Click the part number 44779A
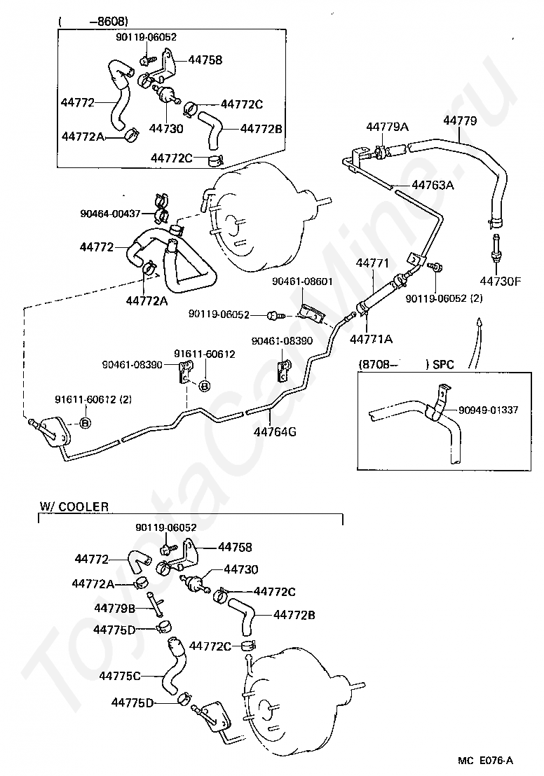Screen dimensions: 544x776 [x=388, y=127]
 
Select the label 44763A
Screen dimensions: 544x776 [x=433, y=185]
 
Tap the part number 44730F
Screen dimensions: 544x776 [x=501, y=282]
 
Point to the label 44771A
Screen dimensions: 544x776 [x=371, y=339]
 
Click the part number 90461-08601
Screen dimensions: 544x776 [x=302, y=281]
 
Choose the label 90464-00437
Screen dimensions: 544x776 [x=110, y=214]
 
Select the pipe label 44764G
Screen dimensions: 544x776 [x=275, y=431]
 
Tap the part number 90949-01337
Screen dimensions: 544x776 [x=488, y=410]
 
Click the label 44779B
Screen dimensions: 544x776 [x=115, y=608]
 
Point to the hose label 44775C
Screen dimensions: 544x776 [x=120, y=676]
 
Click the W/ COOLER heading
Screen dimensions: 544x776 [x=74, y=506]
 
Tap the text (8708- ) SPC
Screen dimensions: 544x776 [x=406, y=364]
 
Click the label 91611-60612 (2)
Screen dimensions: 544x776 [x=93, y=399]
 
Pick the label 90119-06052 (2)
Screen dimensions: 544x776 [x=444, y=298]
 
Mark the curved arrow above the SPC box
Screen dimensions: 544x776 [x=477, y=343]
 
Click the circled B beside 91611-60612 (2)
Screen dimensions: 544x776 [x=86, y=422]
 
